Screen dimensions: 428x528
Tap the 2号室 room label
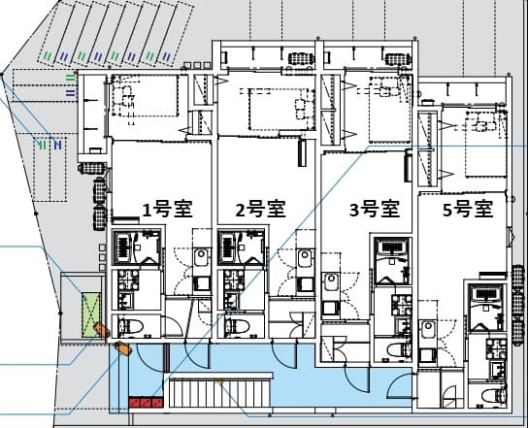pyautogui.click(x=260, y=209)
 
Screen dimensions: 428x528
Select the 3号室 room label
pyautogui.click(x=375, y=209)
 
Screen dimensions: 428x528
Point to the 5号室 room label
pyautogui.click(x=468, y=209)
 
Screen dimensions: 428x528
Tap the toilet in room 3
pyautogui.click(x=396, y=347)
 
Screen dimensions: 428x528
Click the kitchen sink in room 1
pyautogui.click(x=201, y=259)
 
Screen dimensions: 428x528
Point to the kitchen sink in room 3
pyautogui.click(x=330, y=284)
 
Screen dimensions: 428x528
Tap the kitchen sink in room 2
pyautogui.click(x=305, y=259)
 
